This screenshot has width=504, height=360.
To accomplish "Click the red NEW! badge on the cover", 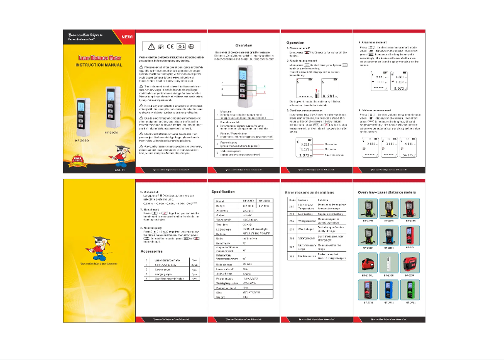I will (x=128, y=36).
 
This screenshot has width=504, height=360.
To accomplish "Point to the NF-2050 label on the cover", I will (x=111, y=133).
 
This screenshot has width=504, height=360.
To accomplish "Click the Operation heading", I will (x=296, y=43).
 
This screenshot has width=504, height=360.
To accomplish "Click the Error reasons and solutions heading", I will (x=310, y=191).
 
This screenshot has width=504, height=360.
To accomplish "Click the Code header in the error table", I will (x=291, y=199).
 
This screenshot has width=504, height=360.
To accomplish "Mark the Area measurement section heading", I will (x=375, y=43).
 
